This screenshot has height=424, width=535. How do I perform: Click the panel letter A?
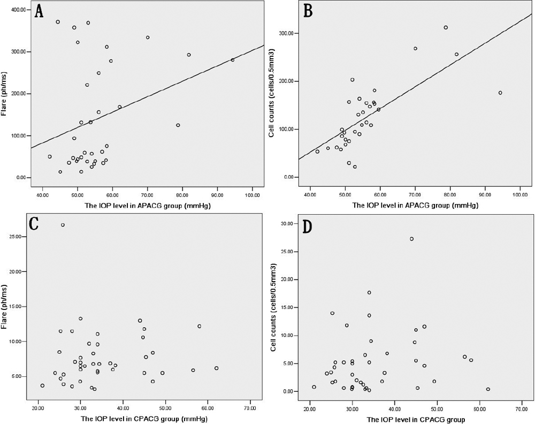point(39,12)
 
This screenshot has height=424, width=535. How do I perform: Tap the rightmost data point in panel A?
point(232,60)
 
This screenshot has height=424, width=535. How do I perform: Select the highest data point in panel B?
point(446,27)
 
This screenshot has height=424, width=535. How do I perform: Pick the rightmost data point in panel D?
point(488,389)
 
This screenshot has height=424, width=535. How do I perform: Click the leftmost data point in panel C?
point(42,385)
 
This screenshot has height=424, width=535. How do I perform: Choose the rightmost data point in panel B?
point(500,93)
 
